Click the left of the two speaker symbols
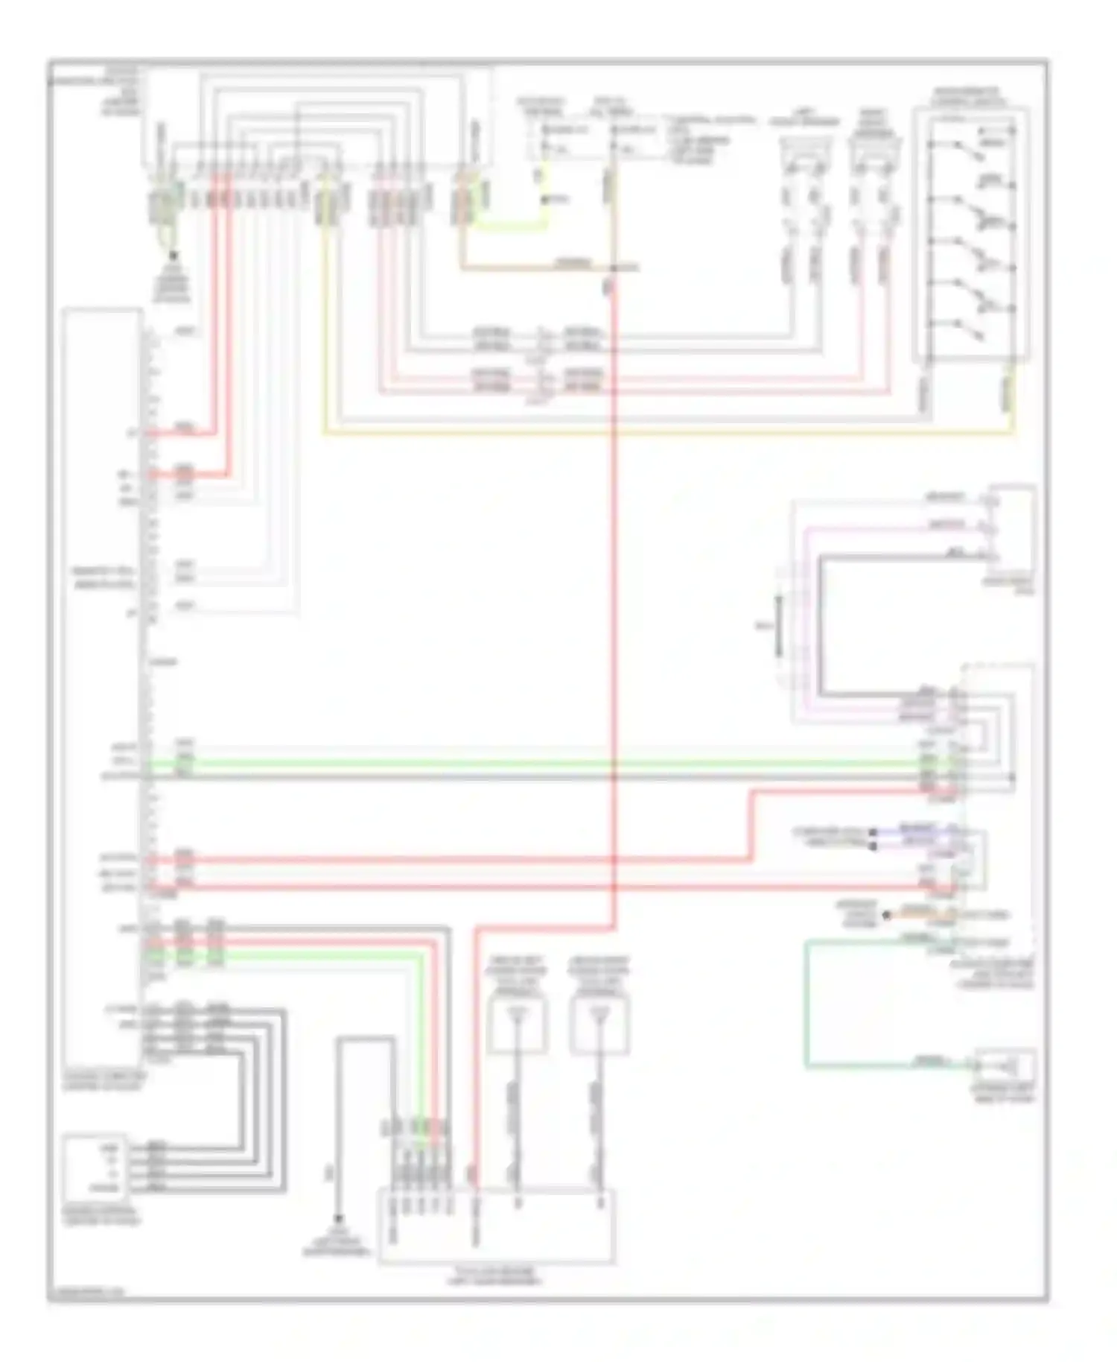(x=801, y=153)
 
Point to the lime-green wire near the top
(x=514, y=223)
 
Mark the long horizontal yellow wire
(x=670, y=432)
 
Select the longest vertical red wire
(x=616, y=596)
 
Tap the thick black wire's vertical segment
(x=821, y=626)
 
